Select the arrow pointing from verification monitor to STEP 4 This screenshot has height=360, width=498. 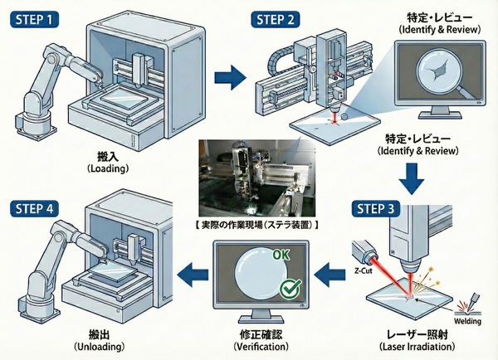[190, 269]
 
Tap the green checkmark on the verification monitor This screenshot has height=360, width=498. [290, 289]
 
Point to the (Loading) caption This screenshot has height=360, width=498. [107, 168]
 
